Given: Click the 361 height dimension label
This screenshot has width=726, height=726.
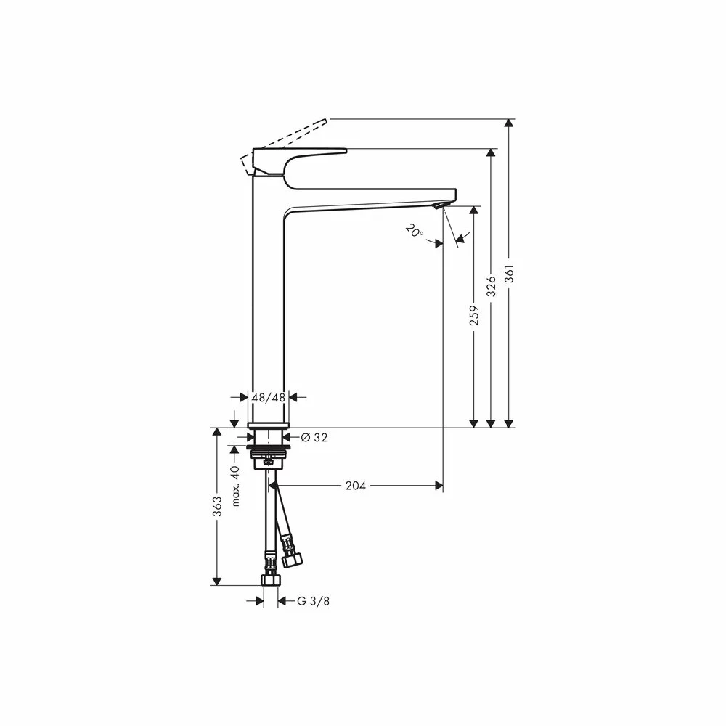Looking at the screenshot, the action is click(x=509, y=275).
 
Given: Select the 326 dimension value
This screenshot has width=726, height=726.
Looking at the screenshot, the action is click(x=492, y=286).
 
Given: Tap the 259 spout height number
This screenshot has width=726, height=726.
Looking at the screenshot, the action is click(x=473, y=315).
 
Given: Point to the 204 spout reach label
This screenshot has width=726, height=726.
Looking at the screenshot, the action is click(x=356, y=486).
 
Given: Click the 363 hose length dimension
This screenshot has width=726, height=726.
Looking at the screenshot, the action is click(x=216, y=507).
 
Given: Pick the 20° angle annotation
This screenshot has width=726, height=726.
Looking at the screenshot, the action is click(x=414, y=231).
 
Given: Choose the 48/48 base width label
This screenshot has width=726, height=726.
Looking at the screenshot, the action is click(x=269, y=397).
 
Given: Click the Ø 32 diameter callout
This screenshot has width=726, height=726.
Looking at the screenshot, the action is click(x=314, y=437).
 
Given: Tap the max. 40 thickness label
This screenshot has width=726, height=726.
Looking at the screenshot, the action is click(x=235, y=486).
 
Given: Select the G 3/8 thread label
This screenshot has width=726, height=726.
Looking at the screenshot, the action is click(x=314, y=601).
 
